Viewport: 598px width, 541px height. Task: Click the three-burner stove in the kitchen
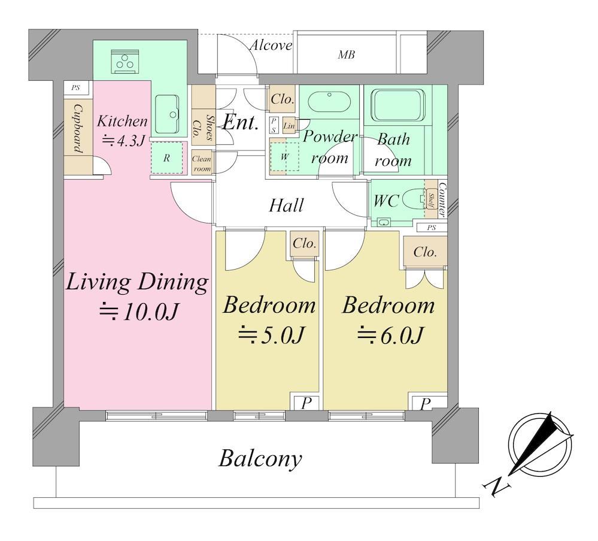[x=125, y=61]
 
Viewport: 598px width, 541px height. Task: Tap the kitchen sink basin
[x=167, y=114]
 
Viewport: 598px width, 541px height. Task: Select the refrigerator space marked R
[x=166, y=158]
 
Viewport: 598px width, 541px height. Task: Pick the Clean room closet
[x=202, y=163]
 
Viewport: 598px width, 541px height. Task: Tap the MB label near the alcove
[x=347, y=55]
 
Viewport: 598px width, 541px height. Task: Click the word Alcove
[x=271, y=46]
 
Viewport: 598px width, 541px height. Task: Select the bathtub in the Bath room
[x=398, y=105]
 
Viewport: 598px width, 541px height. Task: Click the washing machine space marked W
[x=284, y=156]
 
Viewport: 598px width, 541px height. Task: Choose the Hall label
[x=286, y=205]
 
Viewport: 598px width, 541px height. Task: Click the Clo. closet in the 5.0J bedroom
[x=304, y=244]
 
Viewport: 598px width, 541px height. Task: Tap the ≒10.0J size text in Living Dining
[x=138, y=312]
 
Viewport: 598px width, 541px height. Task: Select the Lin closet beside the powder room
[x=289, y=126]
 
